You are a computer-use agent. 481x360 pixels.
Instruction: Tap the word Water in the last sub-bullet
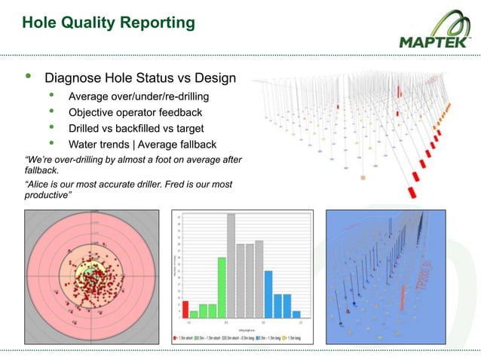(x=85, y=144)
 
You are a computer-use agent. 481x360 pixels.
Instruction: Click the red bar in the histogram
(x=185, y=309)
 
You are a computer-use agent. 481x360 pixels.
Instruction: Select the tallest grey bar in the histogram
(x=231, y=266)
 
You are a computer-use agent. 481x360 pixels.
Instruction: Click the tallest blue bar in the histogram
(x=268, y=294)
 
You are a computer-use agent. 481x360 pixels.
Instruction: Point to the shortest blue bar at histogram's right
(x=296, y=313)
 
